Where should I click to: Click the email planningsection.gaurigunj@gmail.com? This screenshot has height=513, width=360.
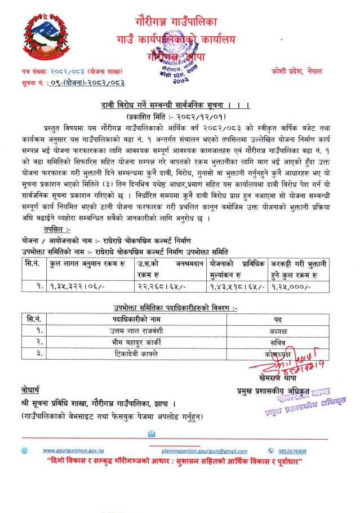[204, 451]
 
